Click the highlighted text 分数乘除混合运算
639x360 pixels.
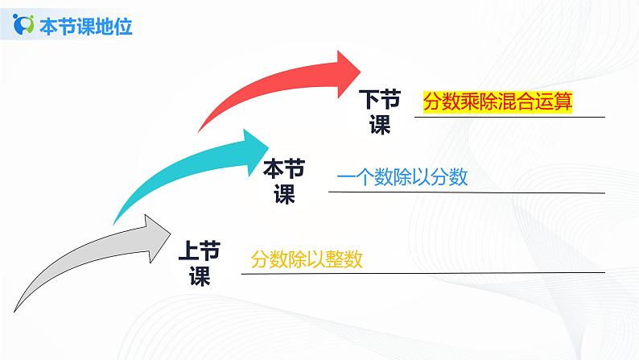497,102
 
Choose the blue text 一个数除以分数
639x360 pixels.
402,178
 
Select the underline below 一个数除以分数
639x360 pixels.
467,192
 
